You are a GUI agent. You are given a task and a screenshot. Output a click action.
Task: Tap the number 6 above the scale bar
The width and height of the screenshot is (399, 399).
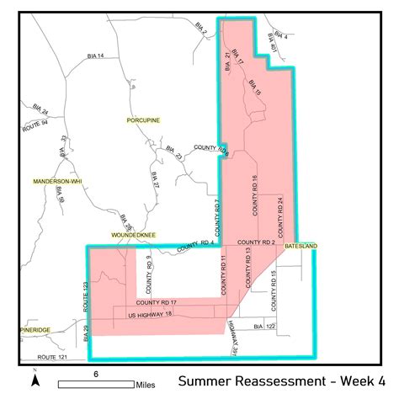click(x=96, y=373)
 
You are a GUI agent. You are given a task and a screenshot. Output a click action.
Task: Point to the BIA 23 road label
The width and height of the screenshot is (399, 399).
click(x=174, y=152)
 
